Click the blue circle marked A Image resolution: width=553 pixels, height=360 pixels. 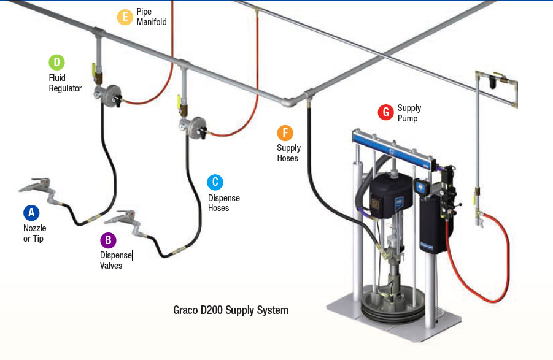(31, 213)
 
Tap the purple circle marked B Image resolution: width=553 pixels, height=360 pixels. (108, 240)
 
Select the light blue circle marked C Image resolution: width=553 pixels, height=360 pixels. (215, 183)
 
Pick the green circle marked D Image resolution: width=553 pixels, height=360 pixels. (57, 63)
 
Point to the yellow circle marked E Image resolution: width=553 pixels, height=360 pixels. (125, 17)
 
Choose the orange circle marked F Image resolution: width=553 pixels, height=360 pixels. (285, 133)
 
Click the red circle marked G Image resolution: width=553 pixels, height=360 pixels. (386, 112)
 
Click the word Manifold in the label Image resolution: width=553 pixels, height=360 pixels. (152, 22)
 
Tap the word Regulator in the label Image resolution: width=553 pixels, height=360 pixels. (65, 88)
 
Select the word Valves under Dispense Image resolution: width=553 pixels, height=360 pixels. (111, 266)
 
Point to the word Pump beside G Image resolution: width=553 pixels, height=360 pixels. (408, 119)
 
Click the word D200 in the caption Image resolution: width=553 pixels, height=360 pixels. (212, 310)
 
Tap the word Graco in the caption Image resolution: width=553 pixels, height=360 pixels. (185, 310)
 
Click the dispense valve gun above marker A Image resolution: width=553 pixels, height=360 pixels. (36, 186)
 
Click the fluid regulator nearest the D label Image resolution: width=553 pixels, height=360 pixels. (107, 94)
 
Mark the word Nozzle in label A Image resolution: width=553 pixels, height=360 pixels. (34, 228)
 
